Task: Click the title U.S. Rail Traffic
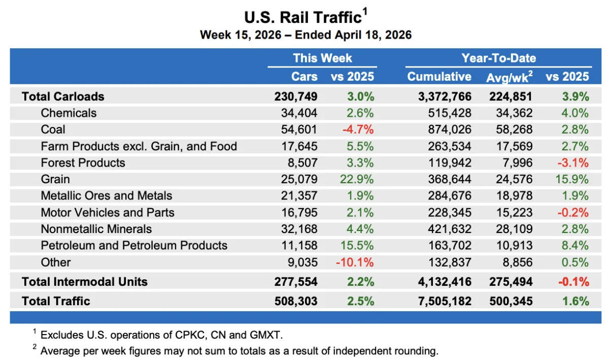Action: click(x=302, y=17)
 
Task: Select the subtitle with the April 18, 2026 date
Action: click(x=305, y=35)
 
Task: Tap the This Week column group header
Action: click(x=322, y=58)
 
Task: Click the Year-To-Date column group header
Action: click(x=498, y=58)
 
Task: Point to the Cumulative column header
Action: click(x=439, y=77)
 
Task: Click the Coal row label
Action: click(x=53, y=129)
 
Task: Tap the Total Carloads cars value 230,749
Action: click(x=296, y=96)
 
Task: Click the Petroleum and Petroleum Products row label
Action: click(x=134, y=246)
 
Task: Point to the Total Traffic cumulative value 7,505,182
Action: click(x=439, y=301)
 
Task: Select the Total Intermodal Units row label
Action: click(x=84, y=282)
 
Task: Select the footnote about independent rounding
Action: click(x=239, y=350)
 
